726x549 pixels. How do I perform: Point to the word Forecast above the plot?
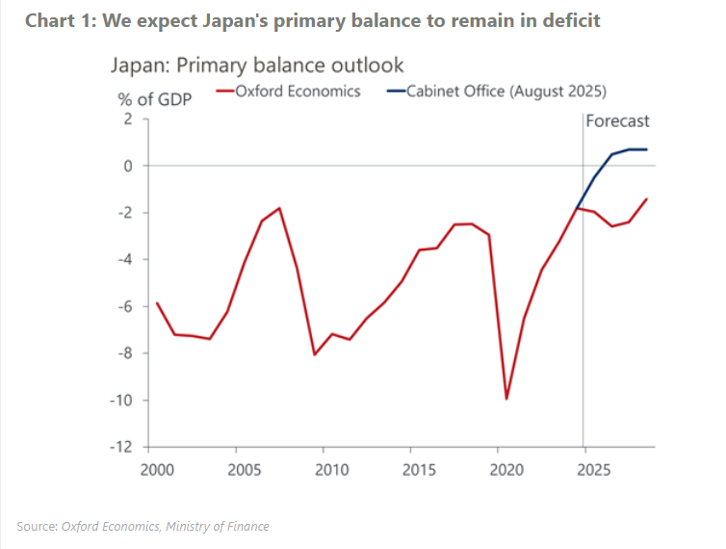tap(618, 121)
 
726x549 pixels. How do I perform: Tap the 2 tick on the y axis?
tap(125, 118)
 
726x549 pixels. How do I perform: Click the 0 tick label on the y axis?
tap(125, 166)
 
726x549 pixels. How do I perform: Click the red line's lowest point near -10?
tap(506, 399)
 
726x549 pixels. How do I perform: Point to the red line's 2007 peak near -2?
tap(279, 208)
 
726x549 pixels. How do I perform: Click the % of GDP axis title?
tap(154, 98)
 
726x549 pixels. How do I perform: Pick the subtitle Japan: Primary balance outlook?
tap(255, 65)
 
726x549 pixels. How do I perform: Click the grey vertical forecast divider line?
tap(583, 289)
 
